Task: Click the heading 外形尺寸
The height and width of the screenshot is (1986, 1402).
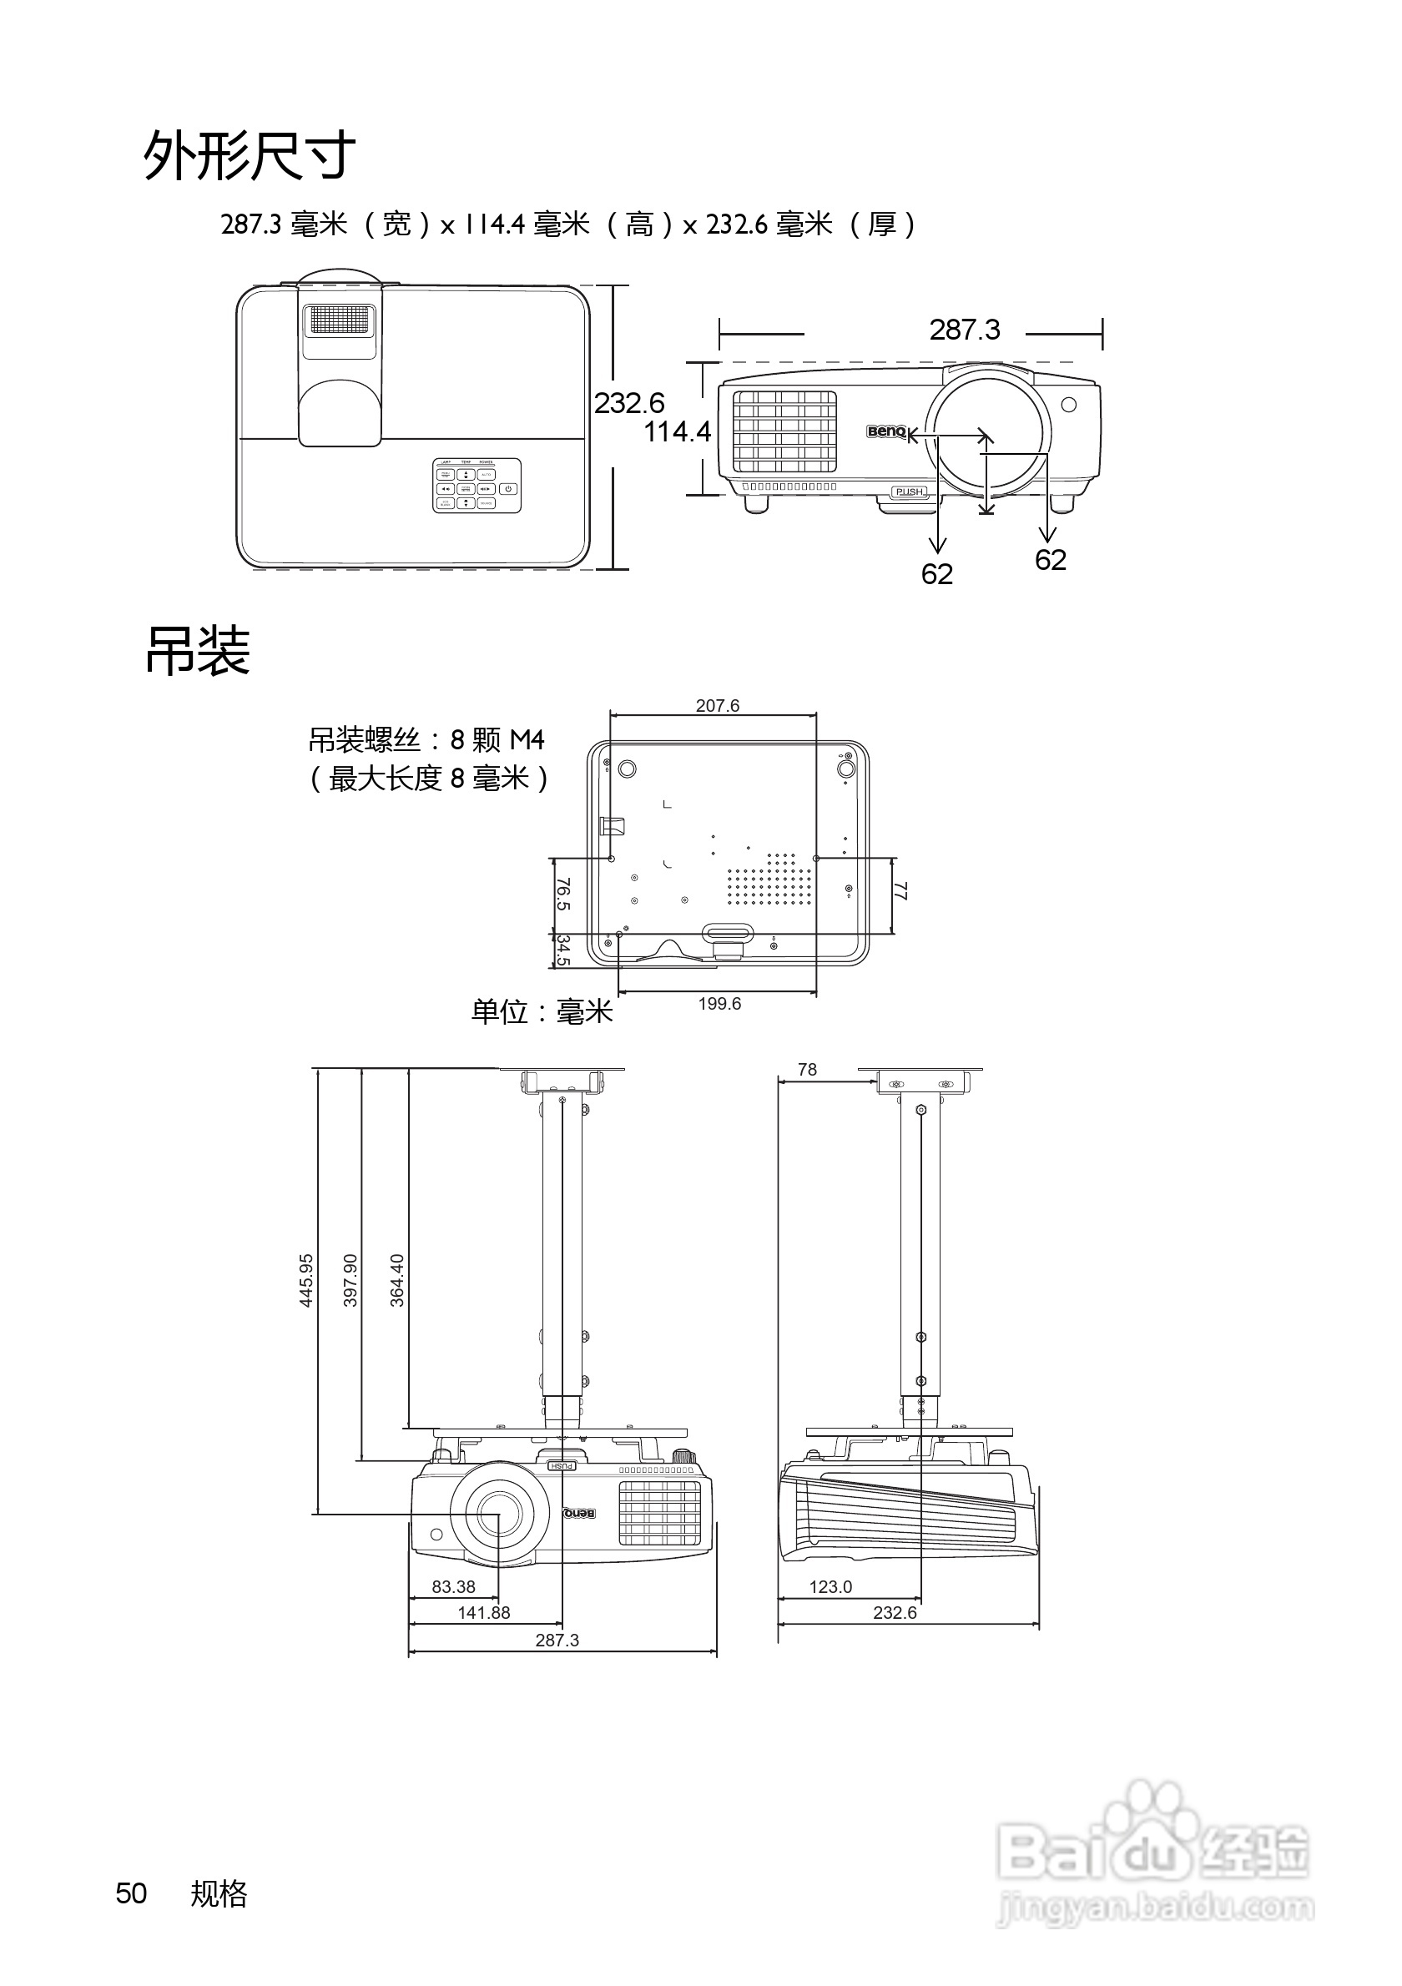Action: [x=249, y=156]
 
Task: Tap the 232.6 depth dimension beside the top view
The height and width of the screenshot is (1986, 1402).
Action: [x=628, y=403]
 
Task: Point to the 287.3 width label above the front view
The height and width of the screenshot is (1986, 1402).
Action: [x=965, y=330]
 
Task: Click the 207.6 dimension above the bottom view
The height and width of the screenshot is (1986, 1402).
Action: [x=717, y=706]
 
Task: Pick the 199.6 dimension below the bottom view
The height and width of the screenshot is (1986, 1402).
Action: [x=719, y=1003]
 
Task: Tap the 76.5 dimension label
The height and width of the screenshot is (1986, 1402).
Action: [x=563, y=895]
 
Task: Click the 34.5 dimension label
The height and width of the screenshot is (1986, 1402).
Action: [x=563, y=950]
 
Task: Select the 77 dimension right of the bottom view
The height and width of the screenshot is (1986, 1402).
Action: [x=900, y=891]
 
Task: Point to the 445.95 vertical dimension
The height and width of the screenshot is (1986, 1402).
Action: [x=306, y=1280]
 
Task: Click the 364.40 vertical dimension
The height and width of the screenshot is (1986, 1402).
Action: [x=397, y=1280]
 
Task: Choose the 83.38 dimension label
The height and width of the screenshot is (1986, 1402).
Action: [x=453, y=1587]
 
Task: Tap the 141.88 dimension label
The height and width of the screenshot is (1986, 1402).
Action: [x=483, y=1613]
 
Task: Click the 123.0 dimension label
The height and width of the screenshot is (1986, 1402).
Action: [x=830, y=1587]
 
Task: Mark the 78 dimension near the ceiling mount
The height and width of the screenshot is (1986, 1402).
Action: [x=807, y=1070]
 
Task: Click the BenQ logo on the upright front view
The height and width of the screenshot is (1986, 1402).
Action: [x=885, y=431]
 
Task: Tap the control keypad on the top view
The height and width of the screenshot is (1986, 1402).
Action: [x=477, y=486]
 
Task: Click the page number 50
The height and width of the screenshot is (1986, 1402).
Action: [x=132, y=1893]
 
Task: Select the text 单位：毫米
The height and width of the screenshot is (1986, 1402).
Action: [x=542, y=1011]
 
